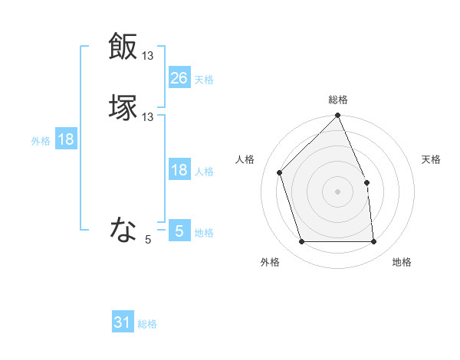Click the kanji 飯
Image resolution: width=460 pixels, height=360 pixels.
[123, 46]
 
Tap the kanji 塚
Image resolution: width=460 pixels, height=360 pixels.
[123, 107]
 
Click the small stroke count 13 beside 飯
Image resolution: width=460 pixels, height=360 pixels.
[148, 56]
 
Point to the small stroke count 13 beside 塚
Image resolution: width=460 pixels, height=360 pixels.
[148, 117]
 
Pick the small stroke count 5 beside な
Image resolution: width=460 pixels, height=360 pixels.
[148, 240]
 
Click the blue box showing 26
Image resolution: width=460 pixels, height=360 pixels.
[179, 77]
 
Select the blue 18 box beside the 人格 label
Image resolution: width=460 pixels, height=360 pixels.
[179, 170]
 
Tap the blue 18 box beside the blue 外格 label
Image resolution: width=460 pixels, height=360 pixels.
[66, 139]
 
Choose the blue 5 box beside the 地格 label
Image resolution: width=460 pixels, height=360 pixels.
[179, 231]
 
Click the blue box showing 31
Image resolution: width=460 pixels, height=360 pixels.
[123, 322]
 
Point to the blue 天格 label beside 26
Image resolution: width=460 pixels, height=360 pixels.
[204, 79]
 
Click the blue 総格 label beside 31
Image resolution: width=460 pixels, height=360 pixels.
[147, 324]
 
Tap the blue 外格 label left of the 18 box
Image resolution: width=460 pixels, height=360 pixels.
[41, 141]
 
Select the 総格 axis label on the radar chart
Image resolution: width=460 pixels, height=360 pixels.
[338, 100]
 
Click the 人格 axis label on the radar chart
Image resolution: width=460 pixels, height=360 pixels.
[245, 159]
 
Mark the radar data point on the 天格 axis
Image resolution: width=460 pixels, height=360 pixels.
[366, 182]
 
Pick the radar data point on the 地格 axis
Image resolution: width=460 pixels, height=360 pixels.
[373, 242]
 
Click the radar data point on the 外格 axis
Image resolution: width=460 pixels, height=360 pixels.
[302, 242]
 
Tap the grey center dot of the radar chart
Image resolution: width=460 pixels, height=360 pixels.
[337, 191]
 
